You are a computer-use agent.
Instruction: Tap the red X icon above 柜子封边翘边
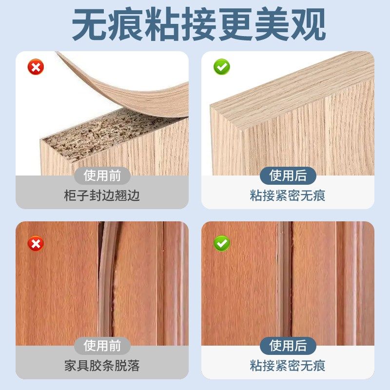(36, 67)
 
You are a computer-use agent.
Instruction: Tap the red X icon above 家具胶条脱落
(36, 242)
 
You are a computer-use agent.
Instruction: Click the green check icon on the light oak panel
(222, 67)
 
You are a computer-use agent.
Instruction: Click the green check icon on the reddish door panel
(222, 242)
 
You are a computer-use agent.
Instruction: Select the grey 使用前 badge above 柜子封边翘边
(102, 175)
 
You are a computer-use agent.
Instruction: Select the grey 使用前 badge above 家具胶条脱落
(102, 346)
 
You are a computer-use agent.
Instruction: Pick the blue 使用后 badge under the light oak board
(288, 175)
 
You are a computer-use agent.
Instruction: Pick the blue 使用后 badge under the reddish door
(288, 346)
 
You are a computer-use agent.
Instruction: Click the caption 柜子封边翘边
(102, 196)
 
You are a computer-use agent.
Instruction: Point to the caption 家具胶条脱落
(102, 366)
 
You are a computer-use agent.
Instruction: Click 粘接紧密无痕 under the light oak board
(288, 196)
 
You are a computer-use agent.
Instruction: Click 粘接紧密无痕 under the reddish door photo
(288, 366)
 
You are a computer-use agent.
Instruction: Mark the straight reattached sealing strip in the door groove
(283, 283)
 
